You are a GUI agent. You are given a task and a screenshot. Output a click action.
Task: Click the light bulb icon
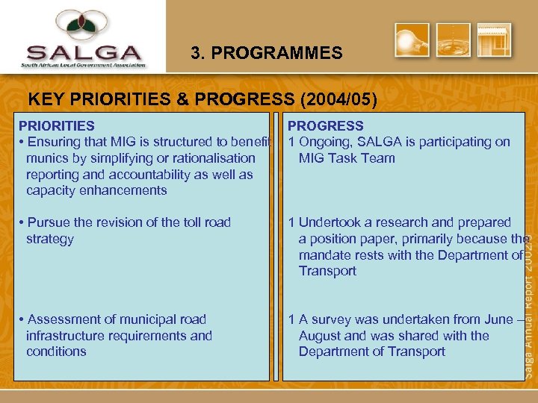coord(412,40)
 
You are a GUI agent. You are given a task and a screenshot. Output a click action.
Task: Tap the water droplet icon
coord(454,40)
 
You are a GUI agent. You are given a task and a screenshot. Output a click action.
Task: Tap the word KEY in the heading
coord(44,100)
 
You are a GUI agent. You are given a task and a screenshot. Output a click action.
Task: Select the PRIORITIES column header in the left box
coord(57,126)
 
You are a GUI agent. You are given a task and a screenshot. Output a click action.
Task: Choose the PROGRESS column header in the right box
coord(326,126)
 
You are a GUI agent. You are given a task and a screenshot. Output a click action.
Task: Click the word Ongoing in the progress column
coord(326,142)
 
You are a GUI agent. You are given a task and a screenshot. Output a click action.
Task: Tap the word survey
coord(331,319)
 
